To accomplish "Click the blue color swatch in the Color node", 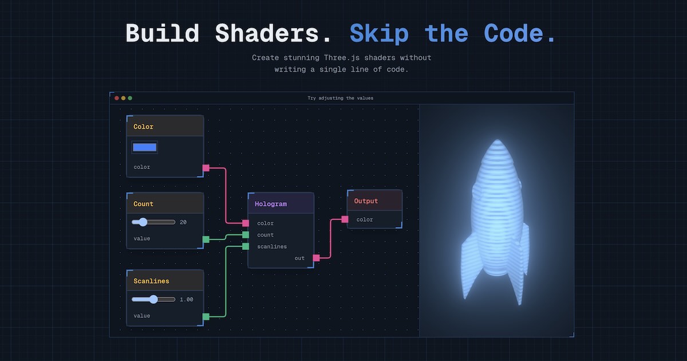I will (144, 147).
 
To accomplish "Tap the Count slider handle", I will (143, 222).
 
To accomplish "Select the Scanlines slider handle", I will (153, 299).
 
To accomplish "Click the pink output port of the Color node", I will (206, 168).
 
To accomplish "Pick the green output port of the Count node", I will (206, 239).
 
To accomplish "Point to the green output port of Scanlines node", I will (206, 316).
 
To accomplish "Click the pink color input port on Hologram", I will (246, 223).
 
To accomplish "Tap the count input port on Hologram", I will (246, 235).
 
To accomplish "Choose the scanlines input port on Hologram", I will (246, 246).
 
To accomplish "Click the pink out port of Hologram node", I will (316, 258).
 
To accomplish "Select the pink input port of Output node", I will (345, 219).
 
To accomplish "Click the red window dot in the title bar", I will (117, 98).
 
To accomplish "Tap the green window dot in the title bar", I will (130, 98).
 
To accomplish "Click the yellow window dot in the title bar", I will (123, 98).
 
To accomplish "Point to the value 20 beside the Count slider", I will (183, 222).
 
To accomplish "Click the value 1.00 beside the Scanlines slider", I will (187, 299).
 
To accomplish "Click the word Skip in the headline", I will (379, 33).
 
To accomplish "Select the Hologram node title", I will (271, 204).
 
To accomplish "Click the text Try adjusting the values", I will (340, 98).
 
